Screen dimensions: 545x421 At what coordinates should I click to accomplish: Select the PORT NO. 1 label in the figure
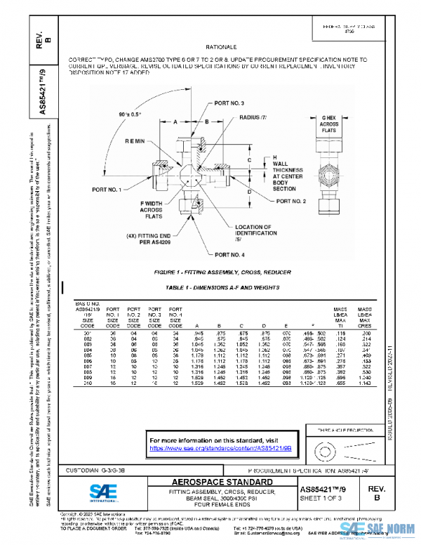click(x=106, y=190)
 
